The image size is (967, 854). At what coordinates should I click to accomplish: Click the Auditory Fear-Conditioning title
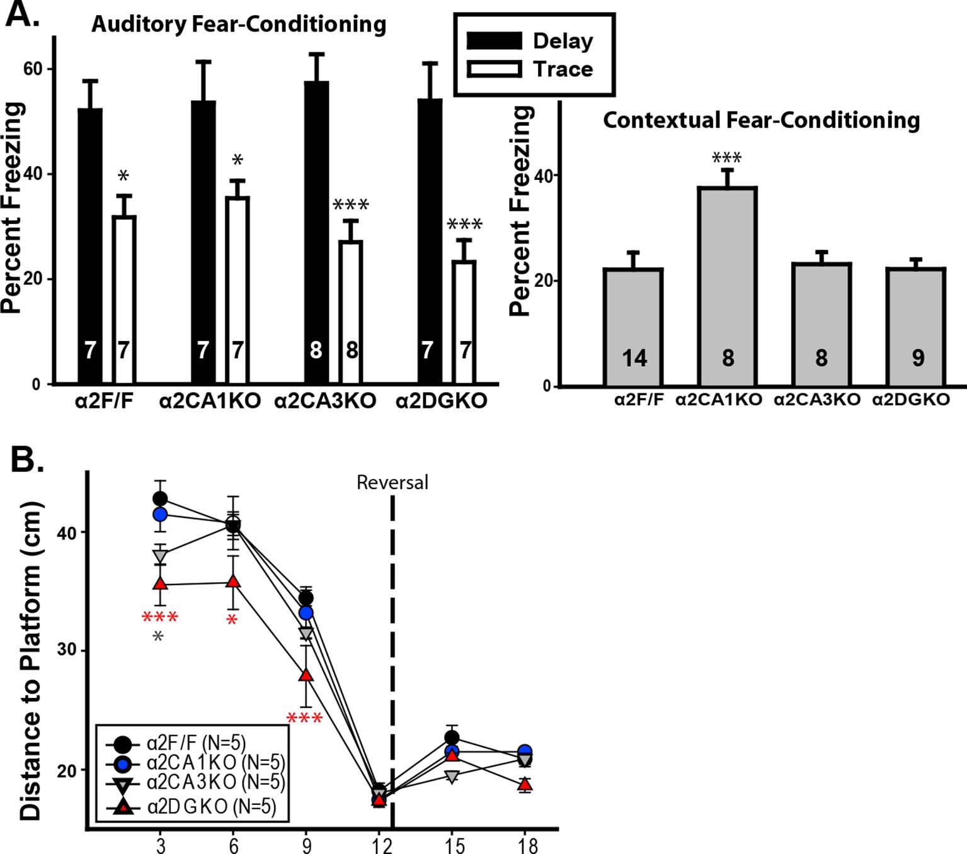coord(239,24)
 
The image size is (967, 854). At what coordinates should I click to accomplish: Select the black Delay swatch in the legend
coord(494,41)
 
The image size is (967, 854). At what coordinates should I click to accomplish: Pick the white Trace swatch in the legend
coord(494,69)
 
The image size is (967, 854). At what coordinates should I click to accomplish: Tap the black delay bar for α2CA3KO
coord(316,233)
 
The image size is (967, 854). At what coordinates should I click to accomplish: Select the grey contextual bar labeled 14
coord(633,327)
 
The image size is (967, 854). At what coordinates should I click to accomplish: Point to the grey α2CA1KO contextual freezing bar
coord(727,286)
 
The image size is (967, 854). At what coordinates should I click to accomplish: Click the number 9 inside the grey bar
coord(918,357)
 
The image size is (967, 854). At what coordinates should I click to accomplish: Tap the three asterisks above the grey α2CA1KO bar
coord(727,157)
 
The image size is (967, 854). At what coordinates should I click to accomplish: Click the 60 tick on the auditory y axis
coord(33,69)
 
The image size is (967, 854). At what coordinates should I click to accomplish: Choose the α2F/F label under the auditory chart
coord(104,401)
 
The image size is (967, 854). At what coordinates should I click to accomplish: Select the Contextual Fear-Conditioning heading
coord(761,120)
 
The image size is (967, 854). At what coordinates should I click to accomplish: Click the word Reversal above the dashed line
coord(392,483)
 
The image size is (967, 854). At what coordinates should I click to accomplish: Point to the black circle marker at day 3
coord(160,499)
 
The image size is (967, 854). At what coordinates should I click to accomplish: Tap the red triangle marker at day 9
coord(306,675)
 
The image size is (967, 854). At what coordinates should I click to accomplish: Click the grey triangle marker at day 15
coord(451,776)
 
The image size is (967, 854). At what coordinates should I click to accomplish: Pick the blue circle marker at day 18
coord(524,751)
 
